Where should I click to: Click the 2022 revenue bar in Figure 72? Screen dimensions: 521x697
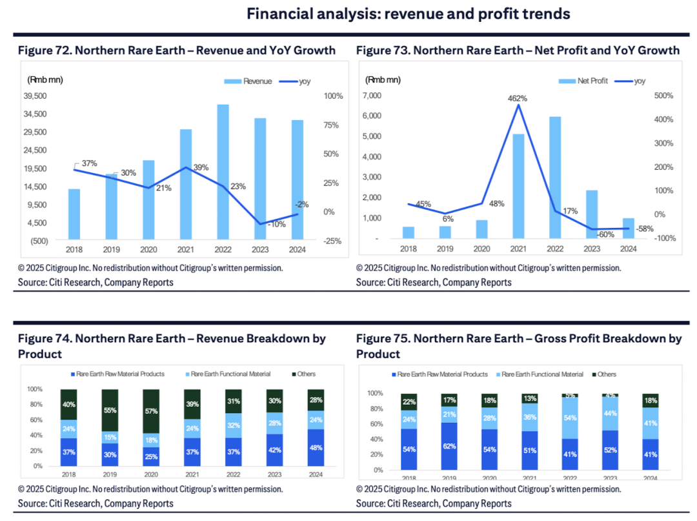[223, 172]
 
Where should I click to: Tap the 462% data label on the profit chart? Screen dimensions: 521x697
[518, 98]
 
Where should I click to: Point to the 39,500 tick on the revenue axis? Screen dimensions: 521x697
[35, 96]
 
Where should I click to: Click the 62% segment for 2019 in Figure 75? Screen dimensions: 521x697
[450, 445]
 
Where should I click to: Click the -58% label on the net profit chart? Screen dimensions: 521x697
[645, 229]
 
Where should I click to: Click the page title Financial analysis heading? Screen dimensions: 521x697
[409, 14]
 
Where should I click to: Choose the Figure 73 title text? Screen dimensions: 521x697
[517, 50]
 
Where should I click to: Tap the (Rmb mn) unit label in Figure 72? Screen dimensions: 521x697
[45, 79]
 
